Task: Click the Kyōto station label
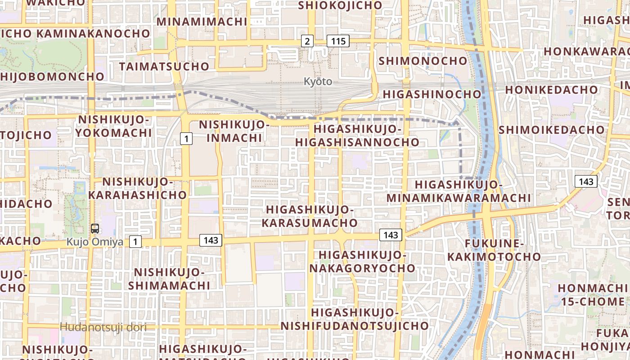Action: point(318,82)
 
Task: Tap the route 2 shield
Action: point(307,41)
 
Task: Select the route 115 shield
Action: point(338,41)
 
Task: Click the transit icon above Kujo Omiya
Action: point(95,228)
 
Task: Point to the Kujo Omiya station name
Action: point(94,242)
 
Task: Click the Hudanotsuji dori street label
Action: point(103,327)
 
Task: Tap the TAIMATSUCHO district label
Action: point(164,67)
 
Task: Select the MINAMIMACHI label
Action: point(202,22)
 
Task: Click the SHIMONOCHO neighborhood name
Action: point(423,61)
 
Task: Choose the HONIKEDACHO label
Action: point(551,90)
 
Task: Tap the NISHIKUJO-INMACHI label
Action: point(234,131)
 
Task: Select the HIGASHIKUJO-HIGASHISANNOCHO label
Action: point(357,135)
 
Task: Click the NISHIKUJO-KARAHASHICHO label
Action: point(138,189)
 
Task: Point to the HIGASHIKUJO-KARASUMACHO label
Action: point(310,216)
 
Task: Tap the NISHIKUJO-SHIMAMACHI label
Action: point(169,279)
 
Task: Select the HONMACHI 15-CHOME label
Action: point(593,295)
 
